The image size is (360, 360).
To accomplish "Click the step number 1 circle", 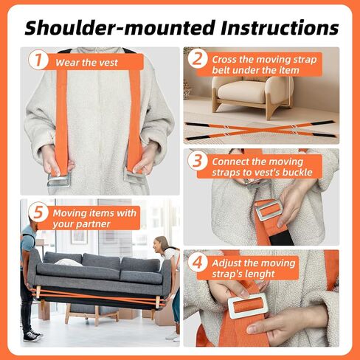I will (x=38, y=60).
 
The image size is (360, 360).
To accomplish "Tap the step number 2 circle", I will (x=196, y=59).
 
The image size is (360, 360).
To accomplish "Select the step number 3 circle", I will (x=197, y=162).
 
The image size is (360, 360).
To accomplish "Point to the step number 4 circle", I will (x=197, y=263).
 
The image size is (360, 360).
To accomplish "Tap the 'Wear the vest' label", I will (x=86, y=63).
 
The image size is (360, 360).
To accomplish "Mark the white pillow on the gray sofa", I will (x=68, y=261).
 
